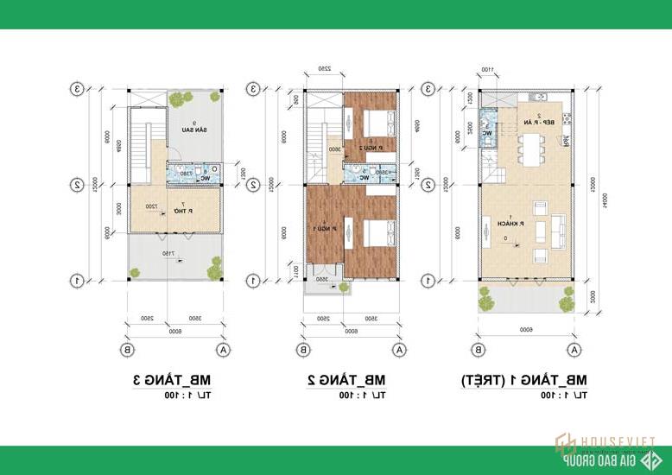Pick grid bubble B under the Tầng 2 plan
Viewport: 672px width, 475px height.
(304, 350)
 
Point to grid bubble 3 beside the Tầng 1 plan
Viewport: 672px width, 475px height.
(428, 88)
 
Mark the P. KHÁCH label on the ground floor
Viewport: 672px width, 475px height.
(500, 221)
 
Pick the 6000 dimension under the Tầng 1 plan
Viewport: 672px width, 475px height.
(525, 330)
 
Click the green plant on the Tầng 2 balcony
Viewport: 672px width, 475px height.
(309, 286)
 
